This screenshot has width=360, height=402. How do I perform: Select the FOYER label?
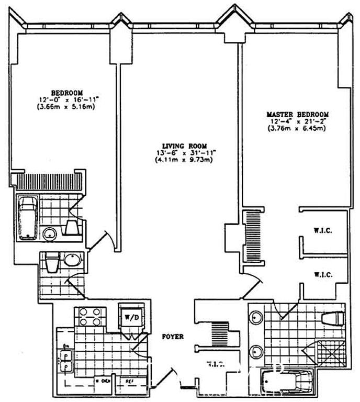[172, 337]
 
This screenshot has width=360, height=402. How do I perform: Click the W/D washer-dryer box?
[129, 316]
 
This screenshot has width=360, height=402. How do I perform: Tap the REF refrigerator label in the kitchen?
[128, 382]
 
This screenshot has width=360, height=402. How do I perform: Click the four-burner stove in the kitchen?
[89, 316]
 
